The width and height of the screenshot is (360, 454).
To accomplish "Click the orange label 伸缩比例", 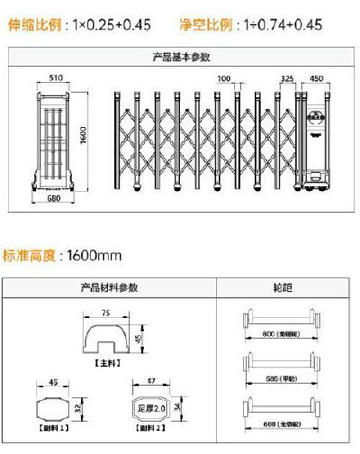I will click(x=35, y=24).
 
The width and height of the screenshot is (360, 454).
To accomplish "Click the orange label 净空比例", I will click(x=206, y=24).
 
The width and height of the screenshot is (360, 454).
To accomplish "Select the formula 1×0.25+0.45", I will click(x=111, y=25).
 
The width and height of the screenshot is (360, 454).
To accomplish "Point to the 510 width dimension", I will click(x=54, y=78).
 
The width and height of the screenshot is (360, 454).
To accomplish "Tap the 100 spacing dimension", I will click(x=224, y=79).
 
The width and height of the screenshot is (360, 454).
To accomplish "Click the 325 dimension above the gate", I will click(x=287, y=79).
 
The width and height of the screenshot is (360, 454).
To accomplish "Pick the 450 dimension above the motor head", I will click(x=317, y=79).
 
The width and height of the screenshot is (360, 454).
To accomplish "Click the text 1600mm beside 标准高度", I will click(x=94, y=256).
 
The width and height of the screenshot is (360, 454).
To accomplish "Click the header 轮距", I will click(x=283, y=287).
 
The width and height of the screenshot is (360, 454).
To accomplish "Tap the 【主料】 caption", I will click(x=107, y=362).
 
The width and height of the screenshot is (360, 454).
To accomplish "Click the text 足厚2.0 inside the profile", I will click(x=151, y=409).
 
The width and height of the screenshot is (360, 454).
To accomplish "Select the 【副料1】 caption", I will click(x=53, y=427).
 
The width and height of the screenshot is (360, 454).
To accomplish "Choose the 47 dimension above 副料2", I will click(x=151, y=381).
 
